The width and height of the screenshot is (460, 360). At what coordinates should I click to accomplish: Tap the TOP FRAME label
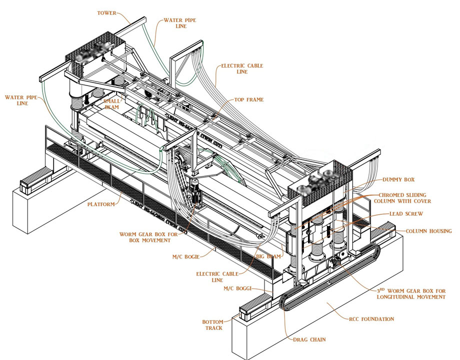click(x=248, y=99)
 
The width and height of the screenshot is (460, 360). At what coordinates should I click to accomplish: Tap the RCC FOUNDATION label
click(x=371, y=318)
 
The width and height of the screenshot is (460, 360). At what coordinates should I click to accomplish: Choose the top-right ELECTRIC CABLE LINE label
click(x=242, y=68)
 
